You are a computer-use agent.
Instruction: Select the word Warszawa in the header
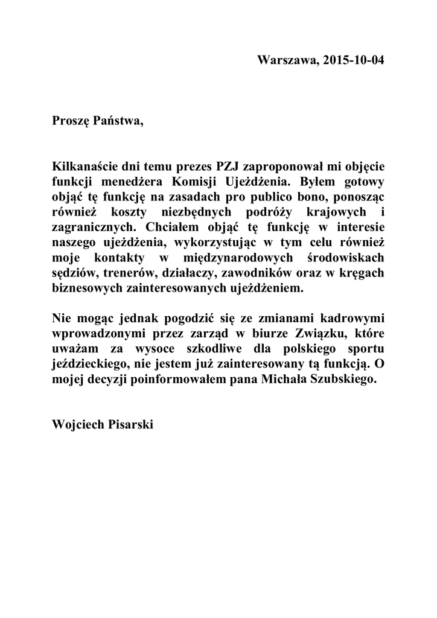coord(285,61)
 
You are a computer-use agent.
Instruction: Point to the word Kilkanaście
coord(84,165)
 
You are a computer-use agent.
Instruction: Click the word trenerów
coord(128,273)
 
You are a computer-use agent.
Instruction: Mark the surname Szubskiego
coord(347,380)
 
